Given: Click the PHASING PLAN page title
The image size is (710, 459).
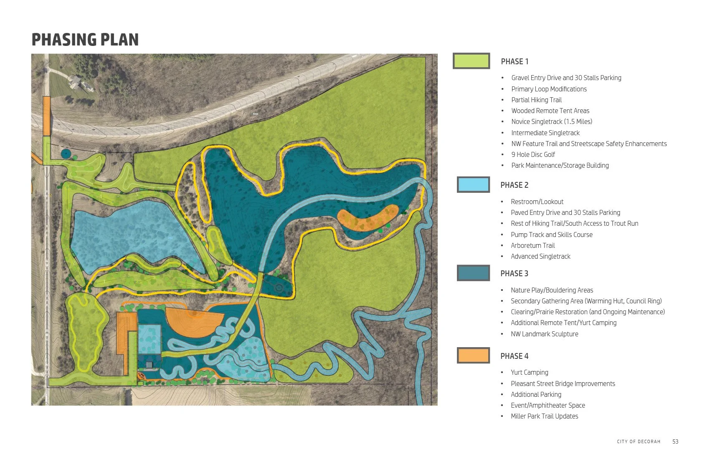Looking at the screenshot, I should pyautogui.click(x=85, y=40).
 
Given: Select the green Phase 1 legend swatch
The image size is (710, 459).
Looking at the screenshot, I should pyautogui.click(x=471, y=61).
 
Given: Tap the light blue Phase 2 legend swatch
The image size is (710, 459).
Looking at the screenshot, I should pyautogui.click(x=473, y=184).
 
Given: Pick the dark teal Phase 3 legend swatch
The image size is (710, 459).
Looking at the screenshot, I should pyautogui.click(x=473, y=273).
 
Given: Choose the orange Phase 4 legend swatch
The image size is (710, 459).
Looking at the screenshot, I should pyautogui.click(x=473, y=356).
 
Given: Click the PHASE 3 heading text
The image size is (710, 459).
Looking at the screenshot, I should pyautogui.click(x=514, y=274).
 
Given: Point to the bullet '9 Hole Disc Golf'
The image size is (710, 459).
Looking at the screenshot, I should pyautogui.click(x=533, y=154).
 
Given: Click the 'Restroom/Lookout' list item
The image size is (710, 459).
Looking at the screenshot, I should pyautogui.click(x=537, y=202).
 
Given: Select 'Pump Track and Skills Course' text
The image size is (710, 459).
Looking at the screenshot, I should pyautogui.click(x=551, y=235).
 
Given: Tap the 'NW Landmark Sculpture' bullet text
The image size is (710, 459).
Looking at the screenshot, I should pyautogui.click(x=544, y=334).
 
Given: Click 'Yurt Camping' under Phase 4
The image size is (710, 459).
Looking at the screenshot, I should pyautogui.click(x=529, y=372).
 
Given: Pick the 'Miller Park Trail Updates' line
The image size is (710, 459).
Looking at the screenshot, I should pyautogui.click(x=544, y=416).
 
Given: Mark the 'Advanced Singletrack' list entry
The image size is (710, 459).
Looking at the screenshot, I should pyautogui.click(x=540, y=256).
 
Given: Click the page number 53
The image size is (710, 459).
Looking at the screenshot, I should pyautogui.click(x=675, y=441).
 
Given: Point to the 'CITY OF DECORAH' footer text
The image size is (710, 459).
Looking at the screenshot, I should pyautogui.click(x=639, y=441).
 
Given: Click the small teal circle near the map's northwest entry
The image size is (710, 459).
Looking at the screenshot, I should pyautogui.click(x=66, y=154).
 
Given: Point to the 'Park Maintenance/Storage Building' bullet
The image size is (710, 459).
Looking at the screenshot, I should pyautogui.click(x=560, y=165).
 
